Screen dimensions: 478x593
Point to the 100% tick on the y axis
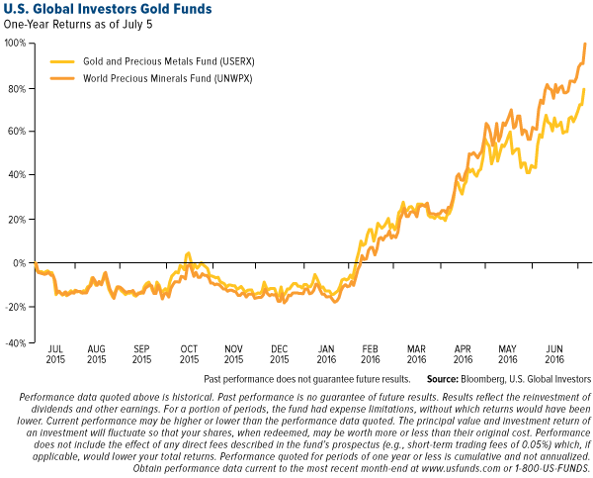click(15, 44)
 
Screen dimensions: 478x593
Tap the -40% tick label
click(15, 343)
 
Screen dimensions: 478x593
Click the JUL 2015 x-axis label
click(55, 354)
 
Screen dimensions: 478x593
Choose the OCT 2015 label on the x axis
click(189, 354)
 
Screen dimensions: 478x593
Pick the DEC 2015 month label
click(280, 354)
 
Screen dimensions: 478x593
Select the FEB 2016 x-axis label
click(371, 354)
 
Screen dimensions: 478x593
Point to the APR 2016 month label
click(462, 354)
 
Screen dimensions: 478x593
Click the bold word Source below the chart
click(446, 378)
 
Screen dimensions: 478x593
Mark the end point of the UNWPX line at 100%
click(585, 44)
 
